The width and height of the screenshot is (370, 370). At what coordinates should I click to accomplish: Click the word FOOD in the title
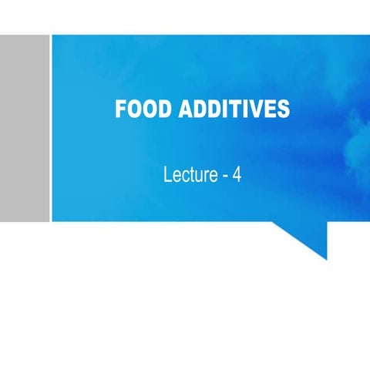click(141, 109)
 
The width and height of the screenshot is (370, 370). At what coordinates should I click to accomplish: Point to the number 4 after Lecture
click(237, 175)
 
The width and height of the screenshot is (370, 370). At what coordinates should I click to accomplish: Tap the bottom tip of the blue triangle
click(326, 259)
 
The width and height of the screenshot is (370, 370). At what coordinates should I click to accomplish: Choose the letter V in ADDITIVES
click(256, 109)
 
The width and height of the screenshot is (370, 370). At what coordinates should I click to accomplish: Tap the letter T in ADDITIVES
click(234, 109)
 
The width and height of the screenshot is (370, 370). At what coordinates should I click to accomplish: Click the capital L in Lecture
click(167, 175)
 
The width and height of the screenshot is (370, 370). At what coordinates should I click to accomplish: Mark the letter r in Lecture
click(206, 177)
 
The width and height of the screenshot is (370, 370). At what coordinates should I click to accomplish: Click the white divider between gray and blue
click(51, 128)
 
